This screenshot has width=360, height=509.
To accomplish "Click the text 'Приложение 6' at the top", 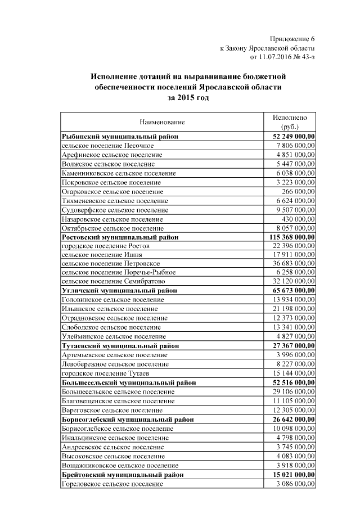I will pos(292,39).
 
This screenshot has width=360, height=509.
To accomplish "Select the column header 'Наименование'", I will pos(163,121).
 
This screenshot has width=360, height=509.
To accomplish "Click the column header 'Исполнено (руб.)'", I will pos(290,122).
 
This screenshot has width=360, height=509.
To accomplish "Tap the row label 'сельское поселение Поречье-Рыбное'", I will pos(119,273).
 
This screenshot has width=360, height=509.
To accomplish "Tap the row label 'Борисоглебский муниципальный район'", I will pos(128,420).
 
